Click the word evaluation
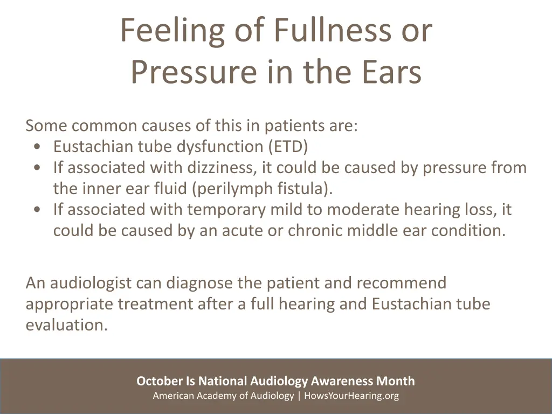click(66, 325)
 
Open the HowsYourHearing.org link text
click(351, 396)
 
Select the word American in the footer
click(172, 396)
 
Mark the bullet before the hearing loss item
click(36, 210)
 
